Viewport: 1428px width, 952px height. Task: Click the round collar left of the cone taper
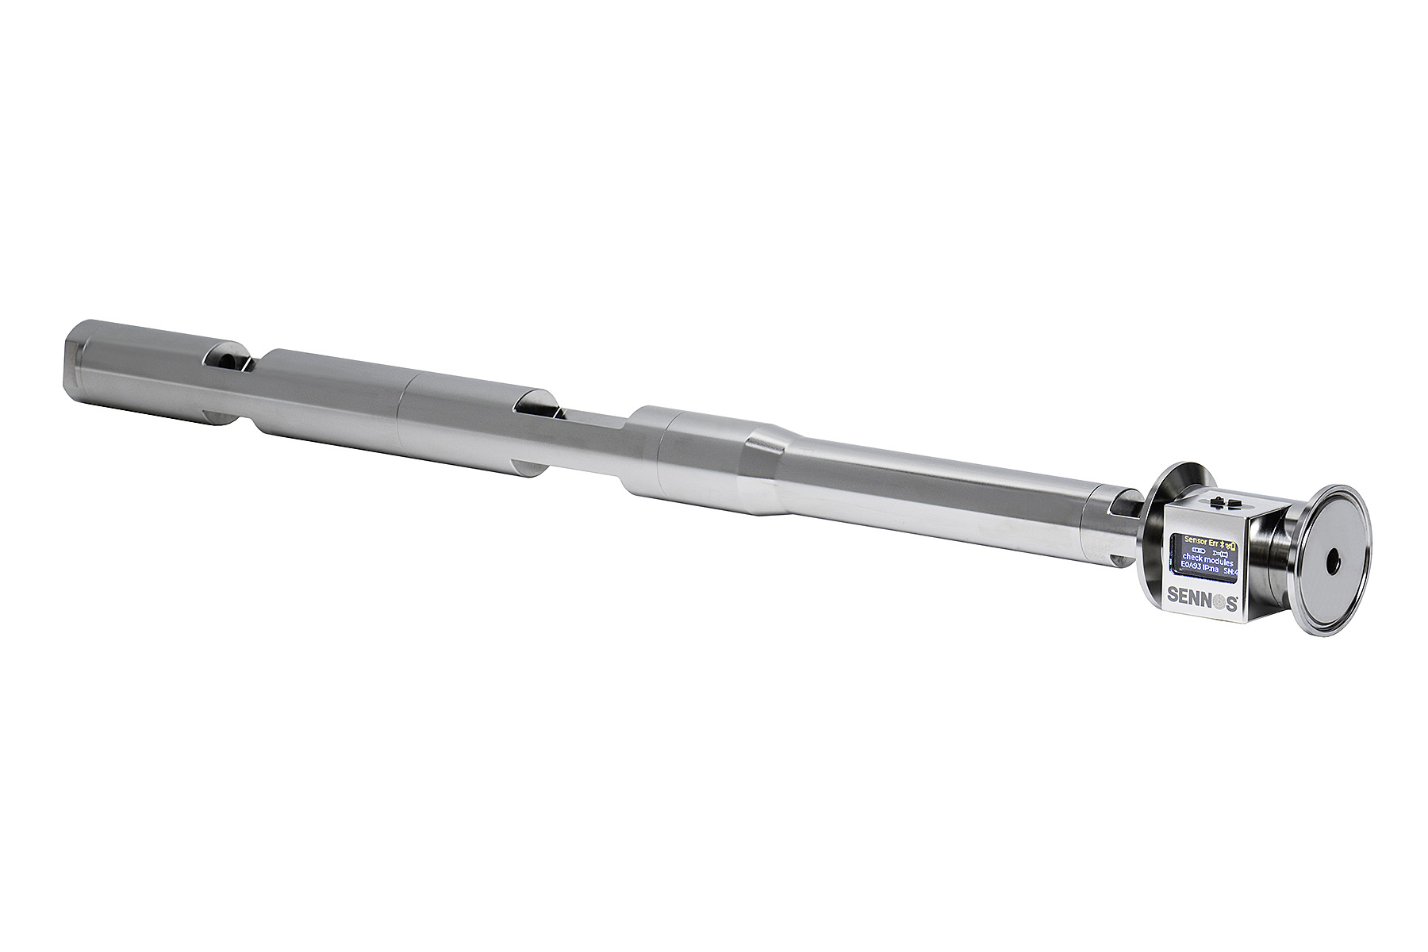[x=647, y=448]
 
